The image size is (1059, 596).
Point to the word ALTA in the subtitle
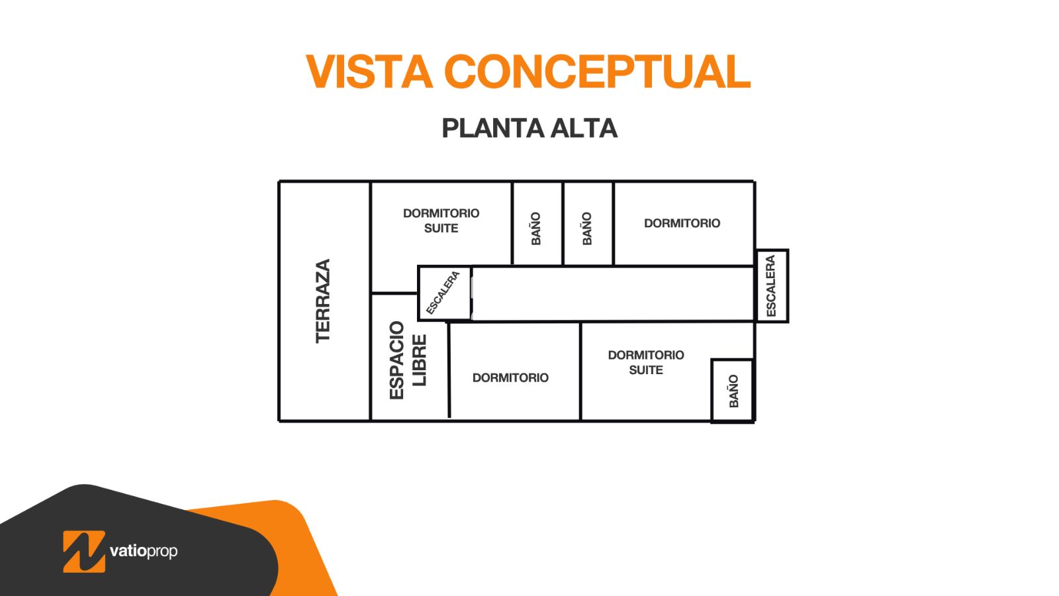583,128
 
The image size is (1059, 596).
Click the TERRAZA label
324,301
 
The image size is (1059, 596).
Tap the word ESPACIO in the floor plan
396,360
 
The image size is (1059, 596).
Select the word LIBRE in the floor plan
420,360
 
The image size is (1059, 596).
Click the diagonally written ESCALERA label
443,293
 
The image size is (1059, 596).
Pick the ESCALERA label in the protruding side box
771,286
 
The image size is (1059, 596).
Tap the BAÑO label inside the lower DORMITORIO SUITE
734,391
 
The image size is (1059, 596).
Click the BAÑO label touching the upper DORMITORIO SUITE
535,228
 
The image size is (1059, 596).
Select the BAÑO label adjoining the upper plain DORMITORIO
586,228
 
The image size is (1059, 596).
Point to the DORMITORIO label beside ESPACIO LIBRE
510,377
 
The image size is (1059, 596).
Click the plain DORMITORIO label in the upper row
682,223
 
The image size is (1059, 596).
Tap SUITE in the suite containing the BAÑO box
646,370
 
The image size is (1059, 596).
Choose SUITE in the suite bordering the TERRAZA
441,228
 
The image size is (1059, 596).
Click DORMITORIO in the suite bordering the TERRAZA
441,213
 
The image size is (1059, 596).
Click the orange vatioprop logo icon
84,552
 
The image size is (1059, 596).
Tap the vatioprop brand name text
144,552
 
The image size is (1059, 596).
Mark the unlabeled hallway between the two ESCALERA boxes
613,294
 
